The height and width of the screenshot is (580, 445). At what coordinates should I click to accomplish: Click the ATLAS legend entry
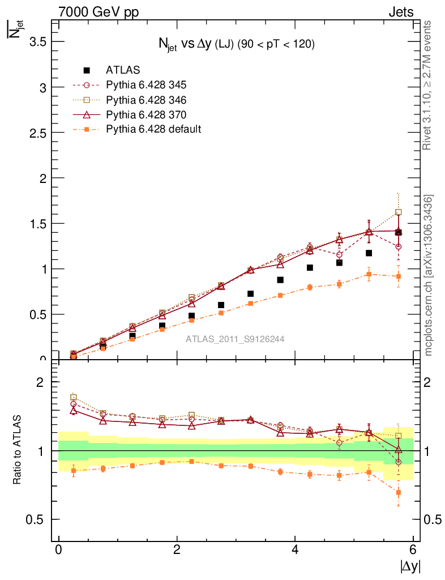coord(122,70)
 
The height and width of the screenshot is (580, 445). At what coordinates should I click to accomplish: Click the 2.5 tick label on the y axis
coord(38,133)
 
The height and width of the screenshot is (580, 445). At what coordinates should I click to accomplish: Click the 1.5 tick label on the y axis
coord(38,223)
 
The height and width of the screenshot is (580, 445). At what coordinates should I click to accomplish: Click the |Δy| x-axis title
coord(410,566)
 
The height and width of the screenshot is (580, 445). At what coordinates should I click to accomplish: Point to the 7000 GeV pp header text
coord(99,12)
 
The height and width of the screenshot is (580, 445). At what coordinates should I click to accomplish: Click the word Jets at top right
coord(400,12)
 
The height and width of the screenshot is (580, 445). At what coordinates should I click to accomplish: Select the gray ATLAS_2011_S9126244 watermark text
coord(235,339)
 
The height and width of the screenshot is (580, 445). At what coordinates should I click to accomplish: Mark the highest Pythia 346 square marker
coord(399,212)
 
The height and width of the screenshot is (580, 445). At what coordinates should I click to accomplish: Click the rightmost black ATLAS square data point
coord(399,232)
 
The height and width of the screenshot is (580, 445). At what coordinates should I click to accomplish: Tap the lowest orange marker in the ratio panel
coord(399,493)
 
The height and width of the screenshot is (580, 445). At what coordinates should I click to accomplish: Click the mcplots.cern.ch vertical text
coord(429,276)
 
